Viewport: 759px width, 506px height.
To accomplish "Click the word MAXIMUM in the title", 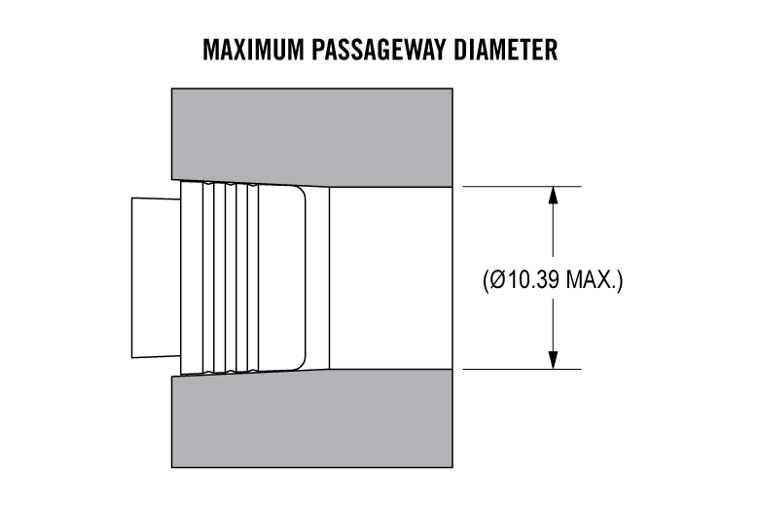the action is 253,50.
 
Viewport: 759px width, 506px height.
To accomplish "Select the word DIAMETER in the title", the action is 505,50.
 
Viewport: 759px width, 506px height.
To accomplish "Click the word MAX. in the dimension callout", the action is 592,280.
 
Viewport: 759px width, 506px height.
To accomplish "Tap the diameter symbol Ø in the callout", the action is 497,280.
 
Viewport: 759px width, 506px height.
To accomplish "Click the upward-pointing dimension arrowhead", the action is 554,196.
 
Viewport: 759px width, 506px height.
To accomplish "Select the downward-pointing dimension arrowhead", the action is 554,360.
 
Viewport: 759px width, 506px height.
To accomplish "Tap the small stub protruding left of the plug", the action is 156,278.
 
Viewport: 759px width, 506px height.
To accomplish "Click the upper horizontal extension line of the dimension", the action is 522,187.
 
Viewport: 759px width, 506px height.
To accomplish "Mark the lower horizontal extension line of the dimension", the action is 522,370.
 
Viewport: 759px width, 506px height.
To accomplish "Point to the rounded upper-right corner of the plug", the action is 301,192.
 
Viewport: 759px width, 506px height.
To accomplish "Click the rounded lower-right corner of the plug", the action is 301,364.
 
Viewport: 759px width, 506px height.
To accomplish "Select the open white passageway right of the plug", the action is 391,278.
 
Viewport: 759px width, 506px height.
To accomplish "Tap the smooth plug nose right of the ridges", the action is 282,278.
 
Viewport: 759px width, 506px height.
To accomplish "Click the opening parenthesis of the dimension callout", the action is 486,280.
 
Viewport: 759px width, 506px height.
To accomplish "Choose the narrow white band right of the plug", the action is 317,278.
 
